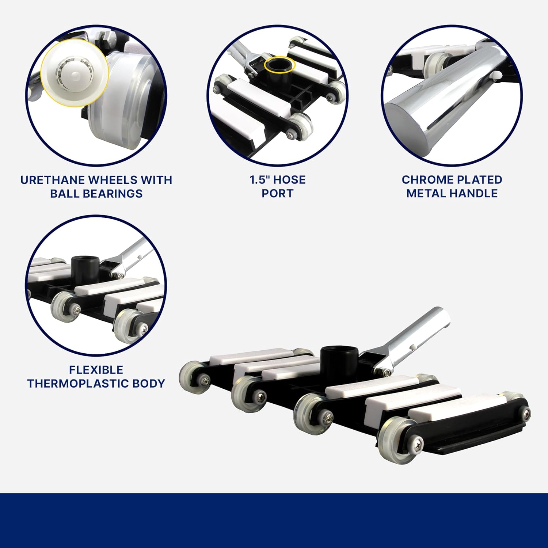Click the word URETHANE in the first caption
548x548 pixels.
[53, 180]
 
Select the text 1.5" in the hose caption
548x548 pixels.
[259, 180]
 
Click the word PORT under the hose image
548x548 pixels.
[277, 193]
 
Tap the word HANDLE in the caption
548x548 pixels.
[479, 193]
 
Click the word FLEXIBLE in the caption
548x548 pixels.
[96, 370]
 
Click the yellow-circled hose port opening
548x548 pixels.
[279, 65]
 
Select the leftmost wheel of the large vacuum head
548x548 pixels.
[191, 378]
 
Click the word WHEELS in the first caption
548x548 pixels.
[113, 180]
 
